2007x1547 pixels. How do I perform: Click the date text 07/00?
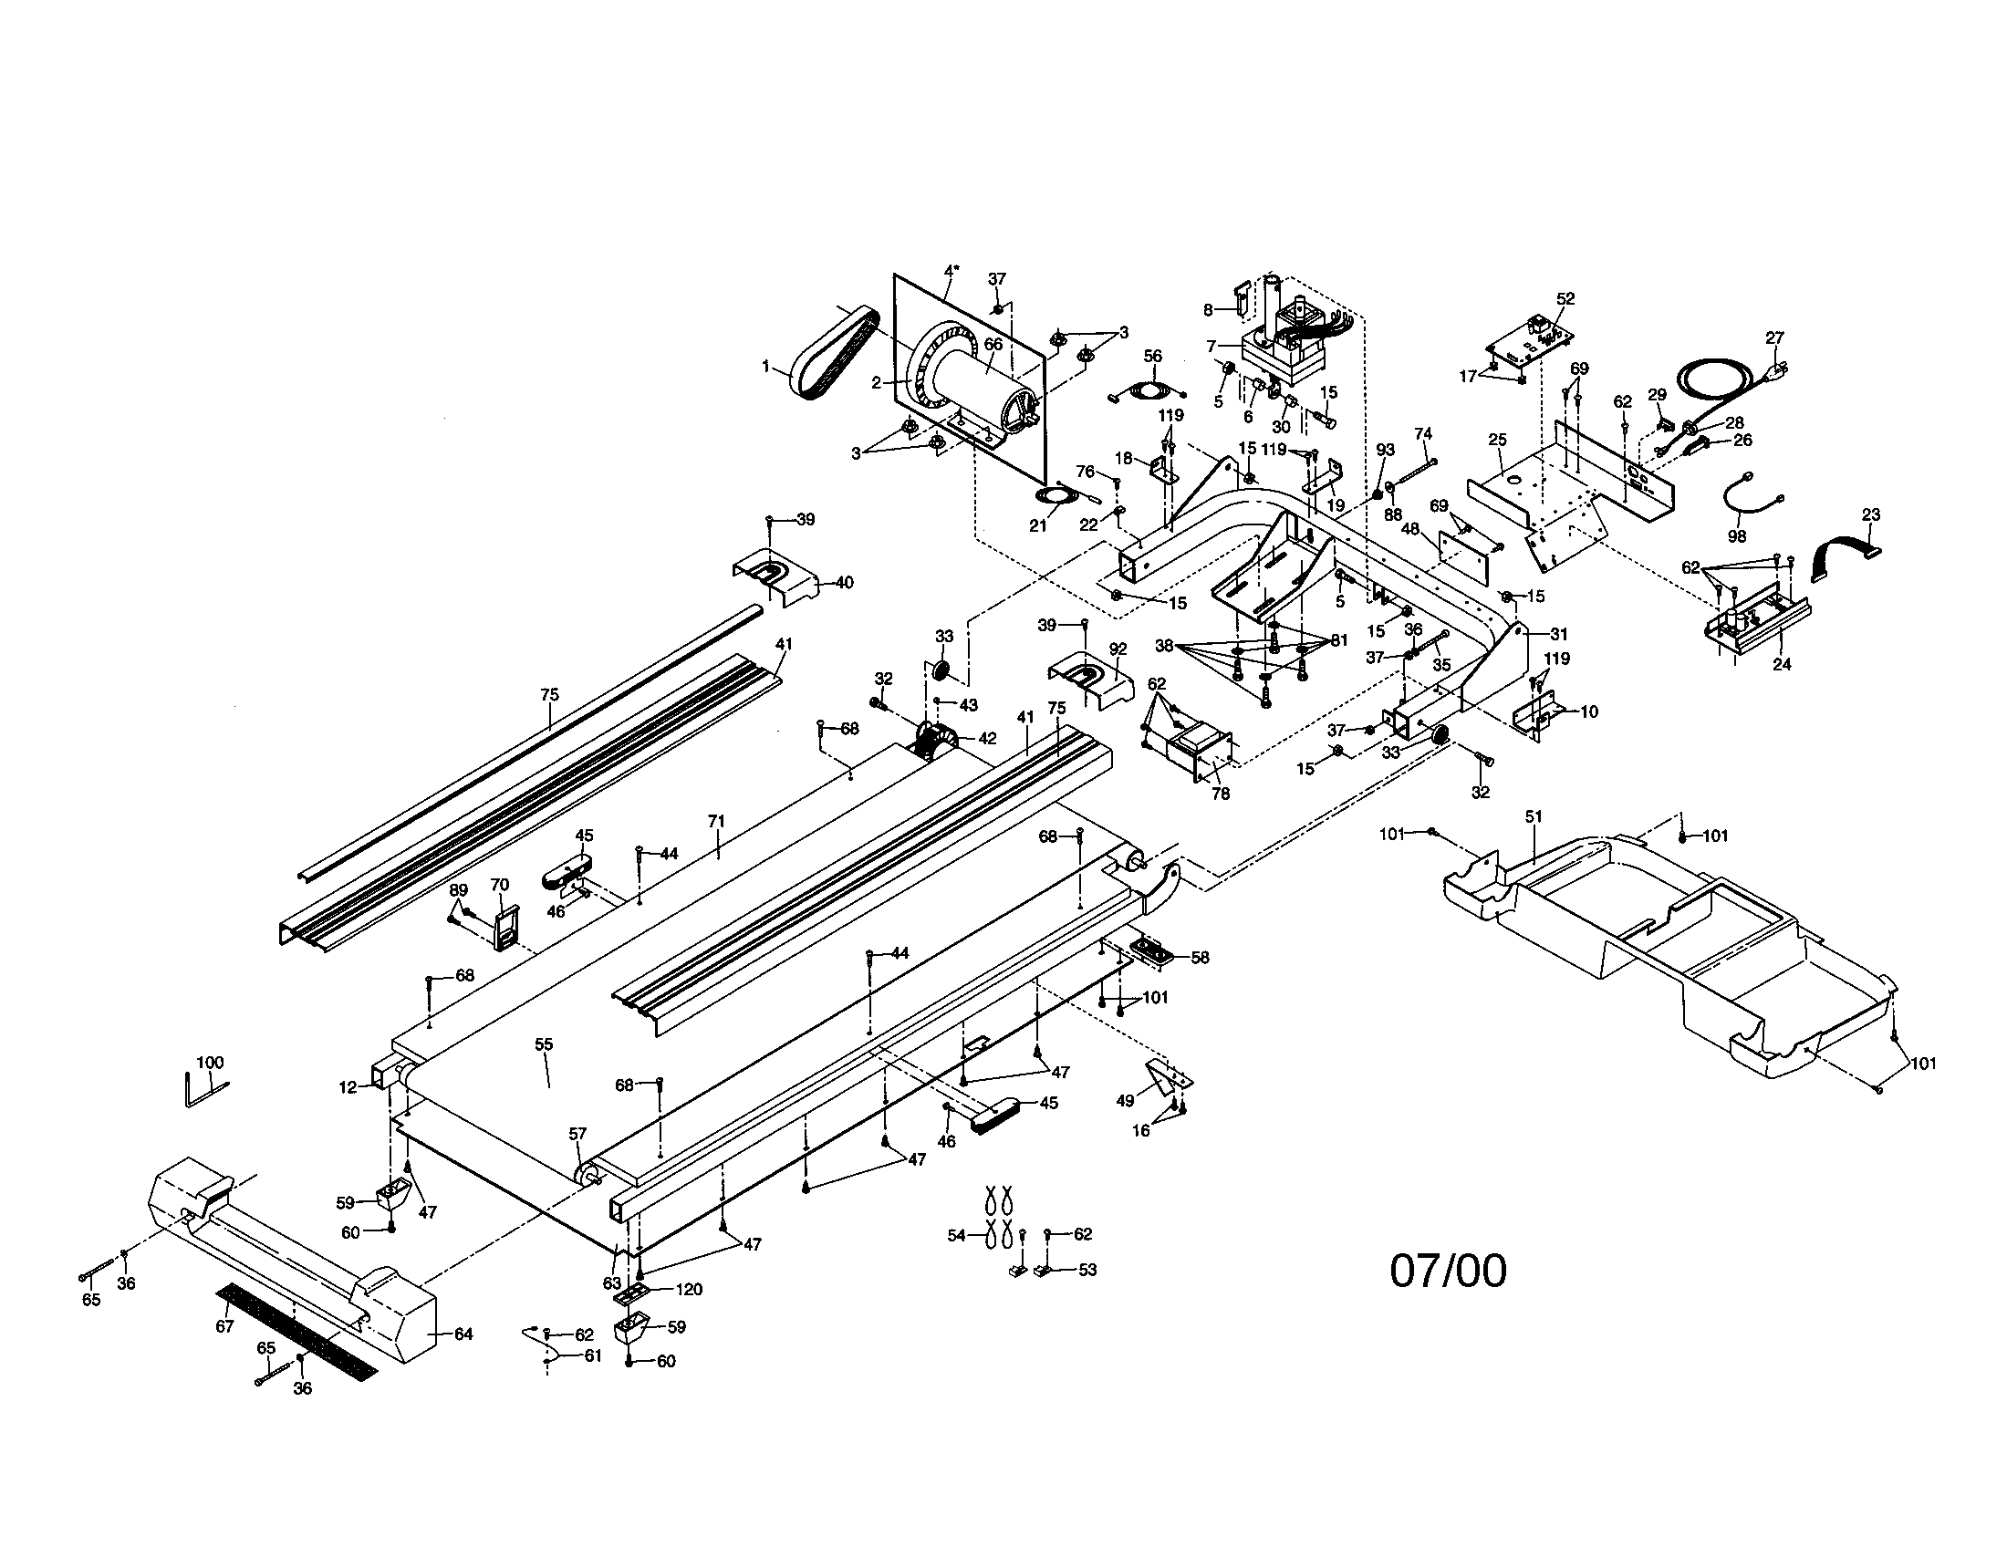[1449, 1272]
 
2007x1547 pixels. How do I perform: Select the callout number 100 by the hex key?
[211, 1063]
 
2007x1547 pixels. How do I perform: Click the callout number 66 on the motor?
[993, 344]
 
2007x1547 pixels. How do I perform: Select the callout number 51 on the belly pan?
[1533, 816]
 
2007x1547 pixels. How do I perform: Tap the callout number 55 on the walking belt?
[544, 1044]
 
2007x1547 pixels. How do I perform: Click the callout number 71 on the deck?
[717, 821]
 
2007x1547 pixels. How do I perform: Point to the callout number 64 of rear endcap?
[463, 1334]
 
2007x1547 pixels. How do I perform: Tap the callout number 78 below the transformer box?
[1221, 794]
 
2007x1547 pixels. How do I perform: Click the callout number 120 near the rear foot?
[689, 1290]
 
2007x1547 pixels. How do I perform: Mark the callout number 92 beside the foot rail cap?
[1118, 649]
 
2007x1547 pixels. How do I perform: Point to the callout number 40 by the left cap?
[843, 583]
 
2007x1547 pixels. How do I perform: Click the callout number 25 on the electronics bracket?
[1497, 440]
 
